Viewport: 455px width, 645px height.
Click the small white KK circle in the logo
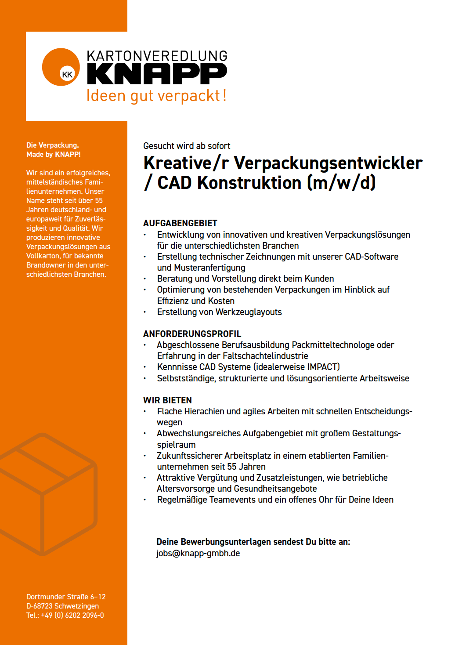point(67,74)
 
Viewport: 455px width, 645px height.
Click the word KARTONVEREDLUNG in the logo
point(157,56)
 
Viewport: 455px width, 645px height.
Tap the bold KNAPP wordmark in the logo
point(157,73)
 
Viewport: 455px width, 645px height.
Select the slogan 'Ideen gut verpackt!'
point(156,95)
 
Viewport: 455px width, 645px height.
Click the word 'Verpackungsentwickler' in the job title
point(328,163)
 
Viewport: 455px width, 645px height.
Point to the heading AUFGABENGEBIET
point(180,223)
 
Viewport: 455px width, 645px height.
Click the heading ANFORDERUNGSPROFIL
point(192,334)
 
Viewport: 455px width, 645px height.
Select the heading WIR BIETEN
point(167,400)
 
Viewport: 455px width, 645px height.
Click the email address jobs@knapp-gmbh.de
point(198,553)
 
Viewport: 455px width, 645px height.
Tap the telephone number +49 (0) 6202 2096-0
point(72,615)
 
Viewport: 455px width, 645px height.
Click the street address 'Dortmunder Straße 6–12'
point(66,597)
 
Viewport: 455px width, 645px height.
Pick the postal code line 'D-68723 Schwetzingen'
point(62,606)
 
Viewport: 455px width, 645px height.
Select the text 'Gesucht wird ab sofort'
point(187,146)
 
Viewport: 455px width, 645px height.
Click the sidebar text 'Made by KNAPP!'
point(54,154)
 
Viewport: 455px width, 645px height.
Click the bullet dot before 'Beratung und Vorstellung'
point(145,279)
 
